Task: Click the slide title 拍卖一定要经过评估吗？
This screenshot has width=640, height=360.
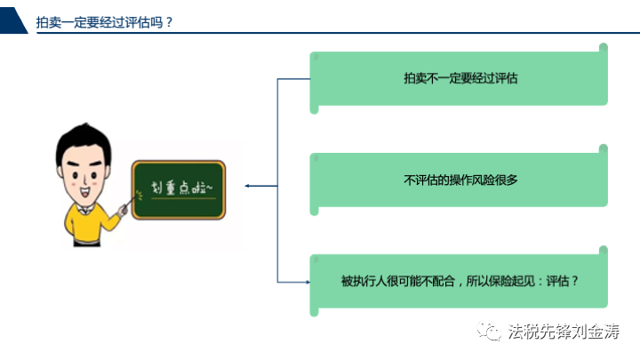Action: (105, 22)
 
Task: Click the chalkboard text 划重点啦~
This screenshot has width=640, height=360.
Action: (181, 188)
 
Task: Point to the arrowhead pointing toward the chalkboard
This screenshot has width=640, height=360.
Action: (247, 186)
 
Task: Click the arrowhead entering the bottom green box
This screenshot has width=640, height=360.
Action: (308, 282)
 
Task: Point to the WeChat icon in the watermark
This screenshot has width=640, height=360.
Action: (489, 331)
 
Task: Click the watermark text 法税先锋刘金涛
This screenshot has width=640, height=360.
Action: (564, 331)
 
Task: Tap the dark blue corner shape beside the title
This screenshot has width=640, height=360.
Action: (12, 20)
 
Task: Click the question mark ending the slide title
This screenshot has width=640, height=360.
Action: (169, 22)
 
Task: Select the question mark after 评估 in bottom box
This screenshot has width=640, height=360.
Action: (575, 281)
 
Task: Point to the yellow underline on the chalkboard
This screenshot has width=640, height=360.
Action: (183, 198)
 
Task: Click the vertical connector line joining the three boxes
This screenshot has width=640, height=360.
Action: (277, 180)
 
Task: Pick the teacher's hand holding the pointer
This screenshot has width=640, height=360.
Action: (122, 211)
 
